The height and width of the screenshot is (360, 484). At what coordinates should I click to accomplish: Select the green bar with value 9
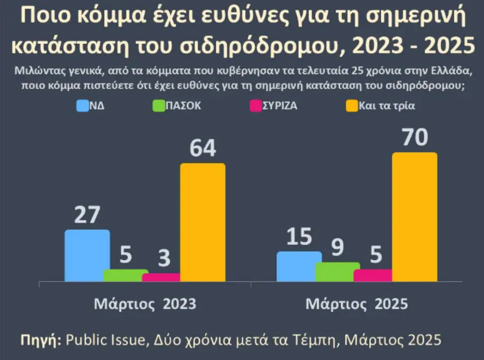coord(337,272)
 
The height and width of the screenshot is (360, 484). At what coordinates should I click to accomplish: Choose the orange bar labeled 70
coord(414,217)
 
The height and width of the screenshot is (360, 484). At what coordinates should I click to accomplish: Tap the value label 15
coord(299,237)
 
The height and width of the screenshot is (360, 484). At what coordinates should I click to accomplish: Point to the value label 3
coord(164,259)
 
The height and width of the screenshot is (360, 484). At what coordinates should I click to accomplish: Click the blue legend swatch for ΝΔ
coord(83,106)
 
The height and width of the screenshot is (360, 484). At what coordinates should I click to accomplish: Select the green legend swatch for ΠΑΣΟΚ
coord(158,106)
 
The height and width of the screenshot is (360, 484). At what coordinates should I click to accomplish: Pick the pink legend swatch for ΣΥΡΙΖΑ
coord(256,106)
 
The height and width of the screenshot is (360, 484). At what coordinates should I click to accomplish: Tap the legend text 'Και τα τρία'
coord(386,106)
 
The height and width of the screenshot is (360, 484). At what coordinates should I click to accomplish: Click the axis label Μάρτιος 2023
coord(145,304)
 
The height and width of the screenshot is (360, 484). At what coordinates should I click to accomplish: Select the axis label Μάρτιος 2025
coord(357,304)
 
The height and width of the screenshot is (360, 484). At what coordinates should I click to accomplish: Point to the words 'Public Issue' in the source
coord(105,340)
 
